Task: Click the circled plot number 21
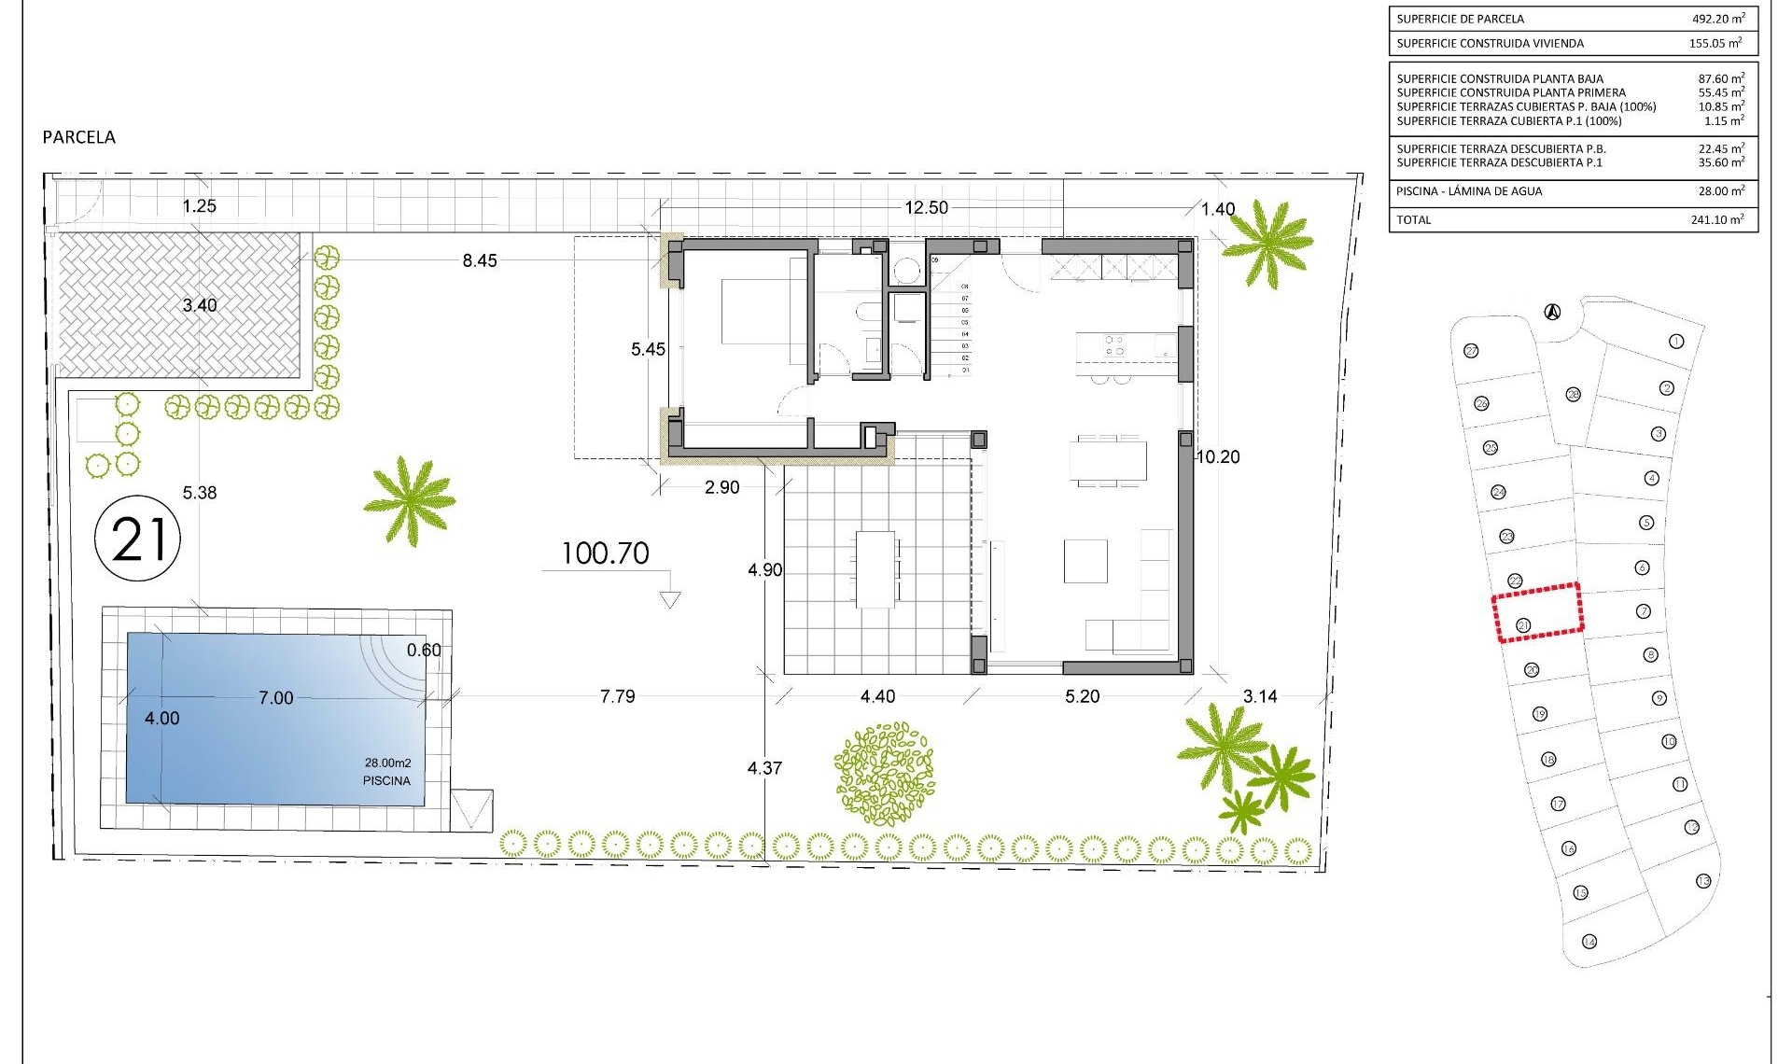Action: coord(138,539)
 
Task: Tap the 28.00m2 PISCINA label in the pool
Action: coord(387,772)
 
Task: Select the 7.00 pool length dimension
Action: coord(275,698)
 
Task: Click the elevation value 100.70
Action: coord(606,553)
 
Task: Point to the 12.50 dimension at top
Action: coord(926,207)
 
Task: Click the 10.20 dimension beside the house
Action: coord(1218,456)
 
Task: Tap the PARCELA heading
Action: coord(79,137)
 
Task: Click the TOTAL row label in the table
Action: coord(1413,220)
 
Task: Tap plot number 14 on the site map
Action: coord(1589,941)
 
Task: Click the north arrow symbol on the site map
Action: coord(1553,312)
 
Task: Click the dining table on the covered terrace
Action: coord(875,568)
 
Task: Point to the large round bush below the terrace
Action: coord(885,773)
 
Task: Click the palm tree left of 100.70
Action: coord(409,500)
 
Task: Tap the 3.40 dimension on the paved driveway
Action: coord(200,305)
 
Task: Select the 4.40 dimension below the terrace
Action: coord(877,696)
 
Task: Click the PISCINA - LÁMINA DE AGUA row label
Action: coord(1469,191)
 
